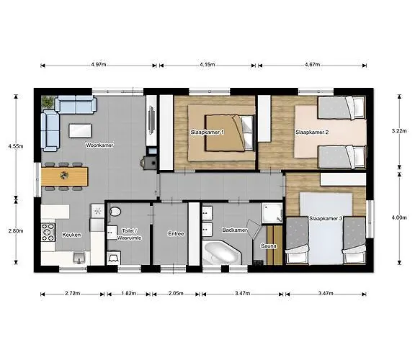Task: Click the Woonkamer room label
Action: pos(99,145)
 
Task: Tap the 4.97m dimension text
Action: pos(99,64)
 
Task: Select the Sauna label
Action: pos(269,246)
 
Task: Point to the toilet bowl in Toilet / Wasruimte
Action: pos(115,212)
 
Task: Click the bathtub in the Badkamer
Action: pos(222,253)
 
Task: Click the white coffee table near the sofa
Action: pos(80,131)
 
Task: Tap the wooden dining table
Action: pos(64,176)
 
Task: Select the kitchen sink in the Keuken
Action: pos(79,258)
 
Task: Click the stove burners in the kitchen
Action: pos(48,233)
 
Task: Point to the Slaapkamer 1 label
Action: pos(207,132)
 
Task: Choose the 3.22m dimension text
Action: pos(399,130)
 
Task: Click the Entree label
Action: pos(176,234)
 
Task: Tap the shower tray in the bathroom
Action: pos(272,213)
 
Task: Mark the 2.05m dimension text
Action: pos(176,293)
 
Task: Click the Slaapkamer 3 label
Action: pos(326,219)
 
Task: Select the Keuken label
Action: pos(71,235)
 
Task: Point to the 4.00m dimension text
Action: pos(399,217)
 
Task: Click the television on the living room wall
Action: pos(151,121)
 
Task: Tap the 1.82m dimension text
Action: pos(129,293)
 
